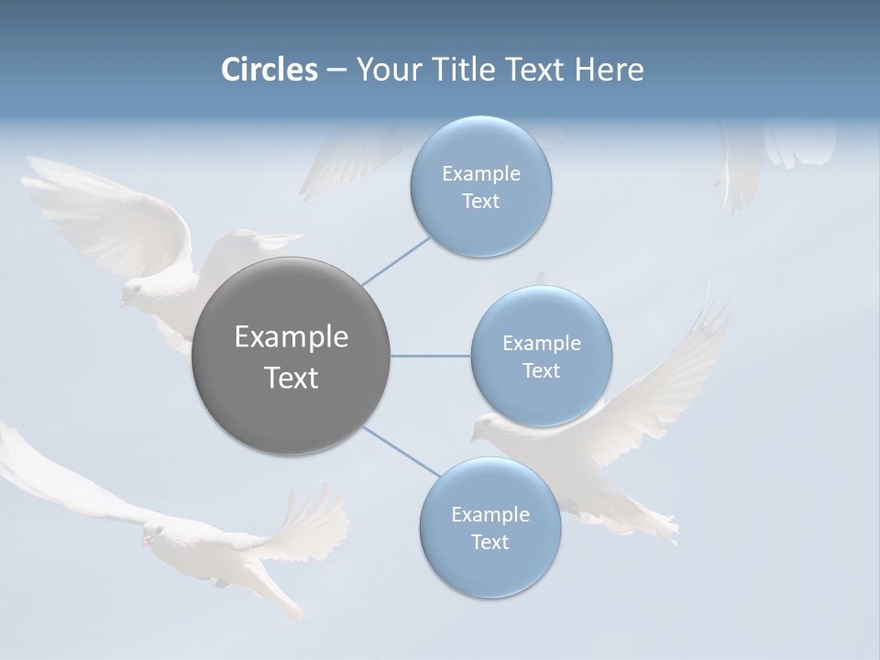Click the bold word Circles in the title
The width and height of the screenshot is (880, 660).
pos(269,70)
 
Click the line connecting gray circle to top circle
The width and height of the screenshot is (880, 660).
pos(396,260)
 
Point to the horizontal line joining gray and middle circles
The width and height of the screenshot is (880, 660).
pos(431,356)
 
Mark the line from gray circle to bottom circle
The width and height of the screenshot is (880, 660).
pos(401,452)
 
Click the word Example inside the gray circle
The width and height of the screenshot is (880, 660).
pos(291,337)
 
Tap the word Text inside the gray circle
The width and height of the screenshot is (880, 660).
pos(291,378)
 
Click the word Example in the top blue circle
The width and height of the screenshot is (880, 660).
pos(481,174)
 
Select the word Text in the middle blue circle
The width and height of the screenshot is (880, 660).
pos(542,370)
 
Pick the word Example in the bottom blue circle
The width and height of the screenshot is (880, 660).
pos(490,515)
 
